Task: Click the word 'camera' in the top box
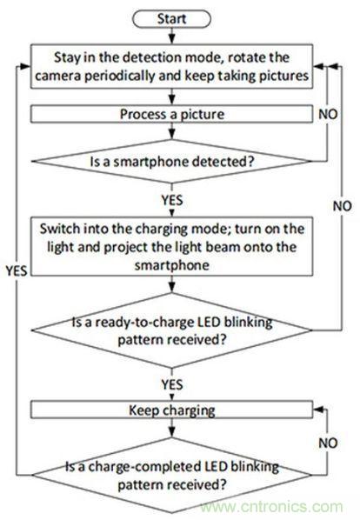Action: coord(69,75)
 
